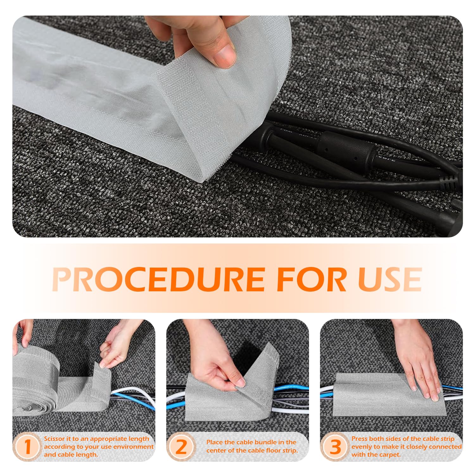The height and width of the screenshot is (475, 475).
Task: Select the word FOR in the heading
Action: coord(312,279)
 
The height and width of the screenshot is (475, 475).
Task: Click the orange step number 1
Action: coord(28,446)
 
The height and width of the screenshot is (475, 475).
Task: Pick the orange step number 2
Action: coord(181,446)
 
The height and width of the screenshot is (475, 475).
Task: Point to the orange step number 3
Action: coord(335,446)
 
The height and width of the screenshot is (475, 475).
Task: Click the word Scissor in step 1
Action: coord(54,439)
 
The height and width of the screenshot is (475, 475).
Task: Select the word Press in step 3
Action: coord(360,439)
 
